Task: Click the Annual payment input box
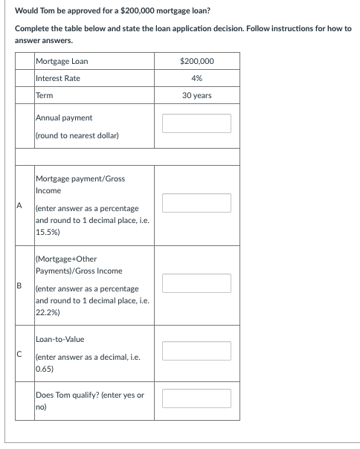coord(196,123)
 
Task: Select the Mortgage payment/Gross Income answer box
coord(196,202)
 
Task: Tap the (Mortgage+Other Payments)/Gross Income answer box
coord(196,282)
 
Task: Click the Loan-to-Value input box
coord(196,348)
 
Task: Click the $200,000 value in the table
coord(196,61)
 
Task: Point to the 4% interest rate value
coord(196,78)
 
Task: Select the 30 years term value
coord(196,95)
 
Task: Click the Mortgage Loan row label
coord(61,61)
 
